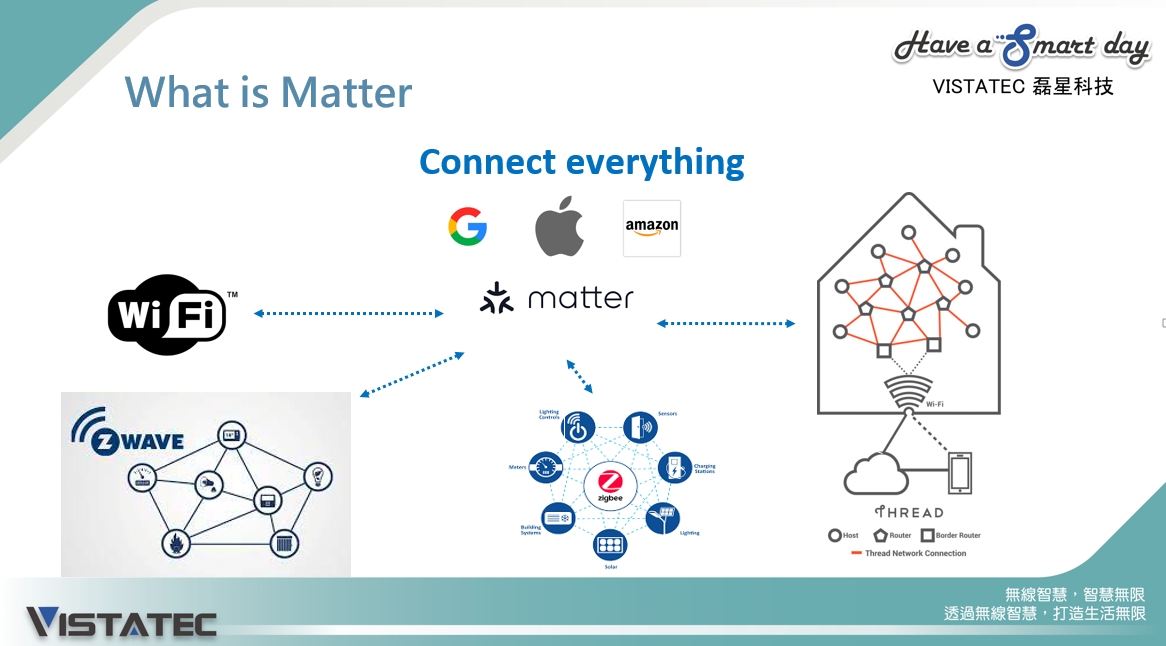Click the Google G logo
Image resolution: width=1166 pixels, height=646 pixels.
[467, 227]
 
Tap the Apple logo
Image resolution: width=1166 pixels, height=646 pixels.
[559, 227]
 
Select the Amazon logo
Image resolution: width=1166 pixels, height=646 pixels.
[651, 228]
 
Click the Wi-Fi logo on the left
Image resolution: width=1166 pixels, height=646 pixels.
[167, 315]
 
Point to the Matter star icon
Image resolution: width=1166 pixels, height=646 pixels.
[496, 298]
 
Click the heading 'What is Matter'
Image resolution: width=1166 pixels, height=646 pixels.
[268, 93]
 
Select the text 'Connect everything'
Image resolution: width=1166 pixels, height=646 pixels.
[581, 161]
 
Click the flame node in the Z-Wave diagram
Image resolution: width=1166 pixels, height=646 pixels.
[176, 543]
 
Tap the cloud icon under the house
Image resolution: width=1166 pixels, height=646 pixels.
[875, 474]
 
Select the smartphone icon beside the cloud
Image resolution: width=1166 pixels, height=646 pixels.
[960, 473]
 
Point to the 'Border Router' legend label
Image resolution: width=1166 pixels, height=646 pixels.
[957, 535]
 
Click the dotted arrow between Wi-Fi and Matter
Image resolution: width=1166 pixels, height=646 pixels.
[348, 313]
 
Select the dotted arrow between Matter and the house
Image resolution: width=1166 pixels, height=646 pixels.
[726, 323]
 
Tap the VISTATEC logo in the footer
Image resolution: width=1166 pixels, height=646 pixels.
[121, 622]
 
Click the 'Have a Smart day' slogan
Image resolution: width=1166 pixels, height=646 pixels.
[1021, 46]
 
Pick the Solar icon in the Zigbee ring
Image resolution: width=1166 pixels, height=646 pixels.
[610, 545]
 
